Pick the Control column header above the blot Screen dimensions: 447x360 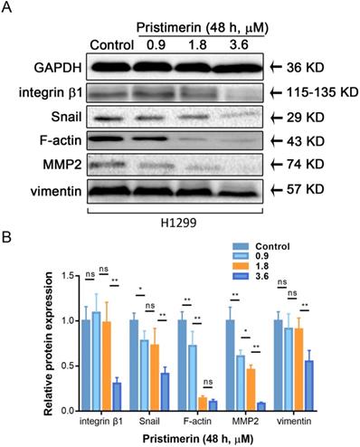tap(111, 44)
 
